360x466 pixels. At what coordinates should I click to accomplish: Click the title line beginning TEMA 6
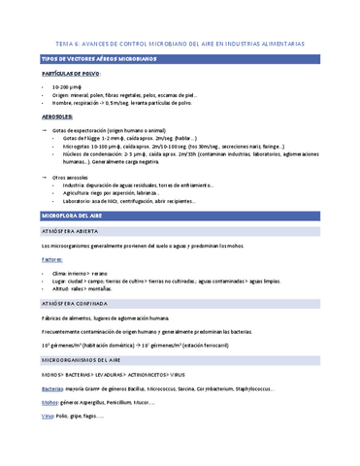pos(180,44)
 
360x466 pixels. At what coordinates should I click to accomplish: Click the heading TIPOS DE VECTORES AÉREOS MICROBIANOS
pos(85,59)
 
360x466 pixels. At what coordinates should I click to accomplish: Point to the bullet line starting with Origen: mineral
pos(126,95)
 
